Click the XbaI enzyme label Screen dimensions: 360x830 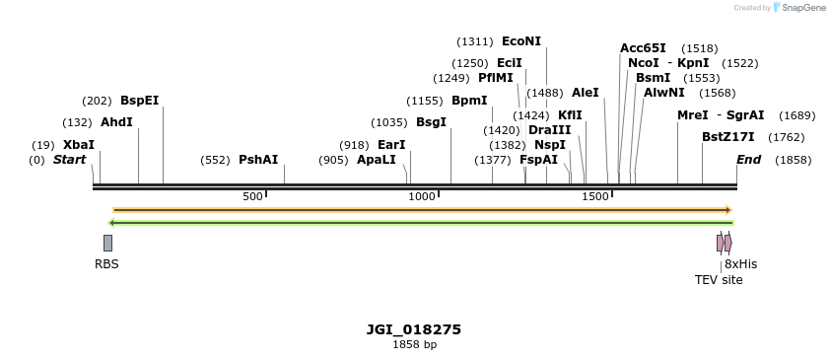[x=79, y=144]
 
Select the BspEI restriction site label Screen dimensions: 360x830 [x=139, y=101]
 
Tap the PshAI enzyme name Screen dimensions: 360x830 [x=258, y=160]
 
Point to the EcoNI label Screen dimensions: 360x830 [x=521, y=41]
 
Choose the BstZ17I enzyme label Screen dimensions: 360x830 [x=727, y=137]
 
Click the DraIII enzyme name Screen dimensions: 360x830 [x=549, y=130]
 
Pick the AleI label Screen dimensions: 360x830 [x=585, y=93]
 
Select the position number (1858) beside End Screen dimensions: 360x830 [x=793, y=160]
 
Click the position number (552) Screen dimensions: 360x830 [x=215, y=160]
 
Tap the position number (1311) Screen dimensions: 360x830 [x=475, y=41]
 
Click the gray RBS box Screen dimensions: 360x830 [x=107, y=243]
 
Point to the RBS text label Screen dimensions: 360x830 [x=106, y=264]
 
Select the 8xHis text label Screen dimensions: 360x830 [x=740, y=264]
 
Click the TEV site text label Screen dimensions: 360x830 [x=719, y=280]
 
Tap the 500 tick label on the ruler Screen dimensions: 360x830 [x=253, y=197]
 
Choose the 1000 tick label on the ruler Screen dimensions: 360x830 [x=422, y=197]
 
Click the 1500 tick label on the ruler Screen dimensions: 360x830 [x=595, y=197]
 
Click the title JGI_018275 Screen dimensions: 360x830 [x=414, y=329]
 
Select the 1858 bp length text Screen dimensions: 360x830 [x=414, y=345]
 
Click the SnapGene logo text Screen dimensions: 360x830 [x=804, y=8]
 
